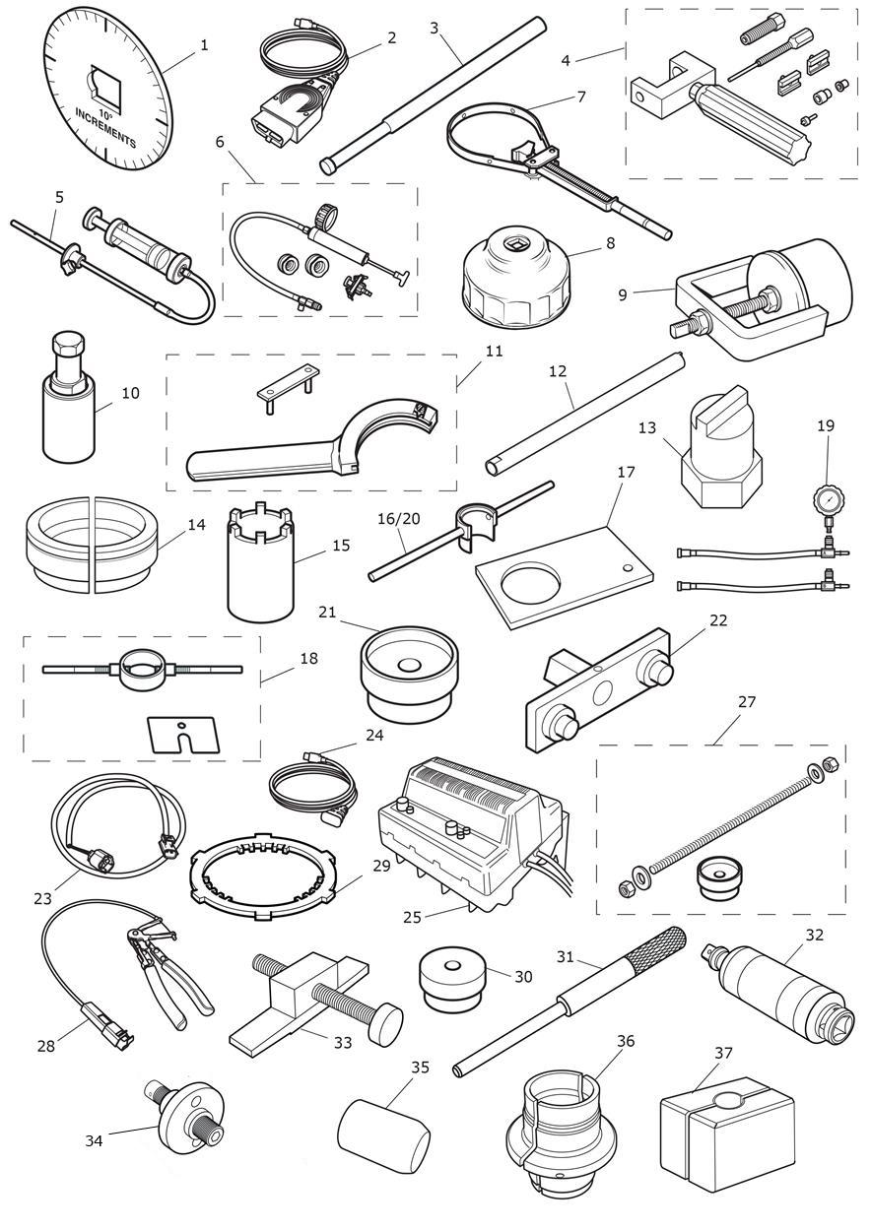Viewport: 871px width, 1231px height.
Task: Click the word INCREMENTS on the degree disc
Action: click(105, 127)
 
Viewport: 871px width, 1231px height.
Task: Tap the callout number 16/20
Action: click(398, 518)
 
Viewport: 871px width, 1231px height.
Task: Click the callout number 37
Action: click(723, 1053)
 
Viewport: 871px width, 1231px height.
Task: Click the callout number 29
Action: click(381, 867)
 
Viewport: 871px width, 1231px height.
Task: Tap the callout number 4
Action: click(566, 60)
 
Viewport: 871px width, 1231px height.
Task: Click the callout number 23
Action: click(42, 898)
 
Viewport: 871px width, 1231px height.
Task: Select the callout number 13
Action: click(647, 427)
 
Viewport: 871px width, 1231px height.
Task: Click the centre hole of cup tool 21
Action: click(409, 666)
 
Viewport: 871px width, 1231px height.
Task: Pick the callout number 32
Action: click(815, 935)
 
